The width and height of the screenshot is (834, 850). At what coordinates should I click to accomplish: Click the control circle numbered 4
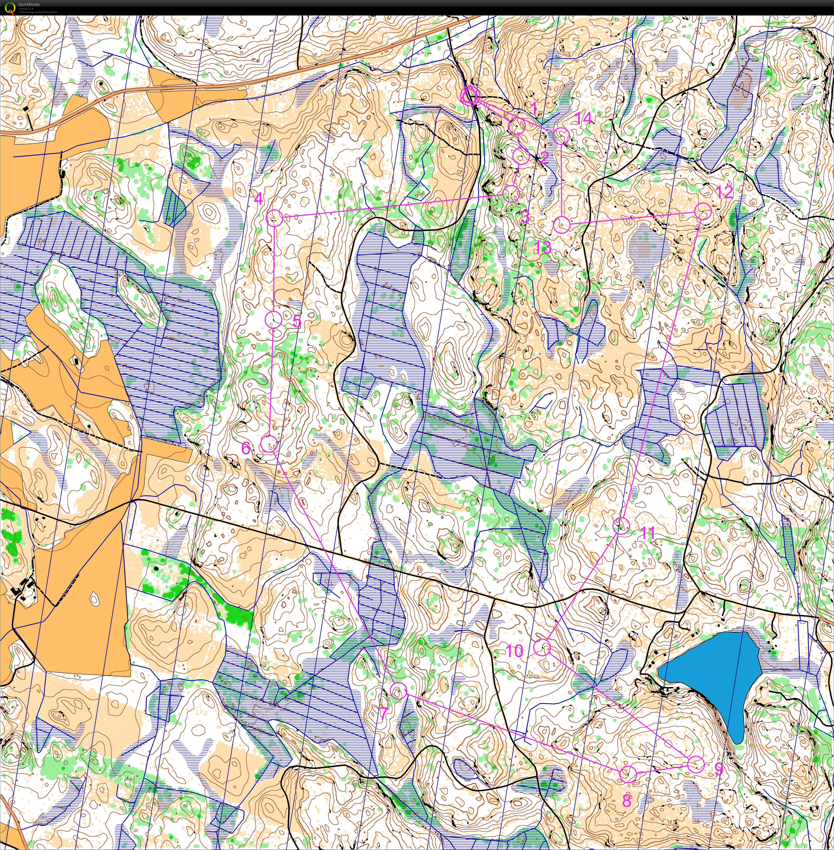(x=275, y=218)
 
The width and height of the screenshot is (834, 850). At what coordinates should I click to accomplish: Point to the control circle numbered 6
(x=269, y=444)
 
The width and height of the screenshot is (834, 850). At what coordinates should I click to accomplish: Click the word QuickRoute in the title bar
(x=29, y=4)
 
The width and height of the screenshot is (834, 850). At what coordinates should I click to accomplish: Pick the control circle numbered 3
(x=511, y=193)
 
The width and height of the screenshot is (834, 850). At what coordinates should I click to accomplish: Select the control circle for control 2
(x=521, y=156)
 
